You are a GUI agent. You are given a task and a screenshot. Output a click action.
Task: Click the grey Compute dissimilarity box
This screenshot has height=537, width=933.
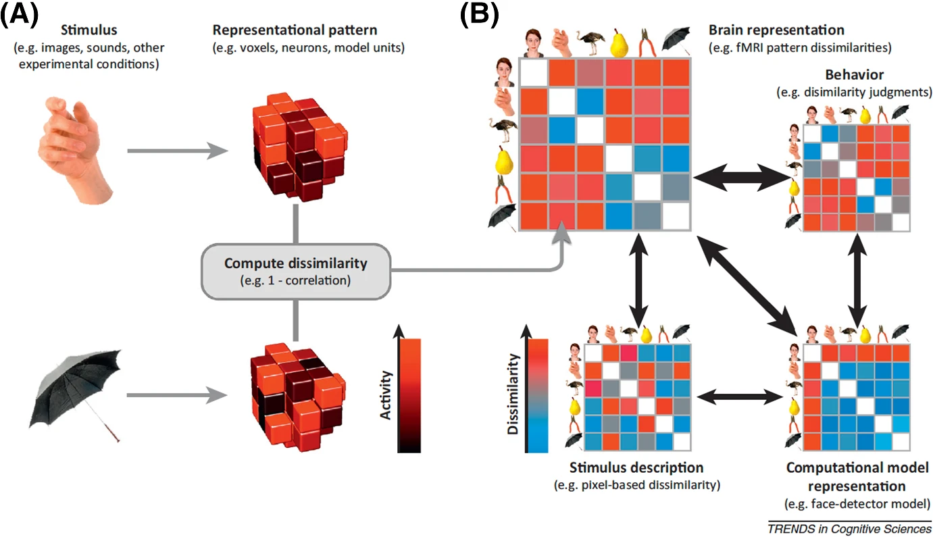coord(295,270)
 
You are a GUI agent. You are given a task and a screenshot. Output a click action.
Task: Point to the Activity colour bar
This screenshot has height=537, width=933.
coord(410,395)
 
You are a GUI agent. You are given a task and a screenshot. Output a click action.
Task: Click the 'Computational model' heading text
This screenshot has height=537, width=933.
coord(857,467)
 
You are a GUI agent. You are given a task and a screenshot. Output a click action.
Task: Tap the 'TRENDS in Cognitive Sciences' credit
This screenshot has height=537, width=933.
coord(849,529)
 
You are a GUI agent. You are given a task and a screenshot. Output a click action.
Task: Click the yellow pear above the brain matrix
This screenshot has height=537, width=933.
coord(620,43)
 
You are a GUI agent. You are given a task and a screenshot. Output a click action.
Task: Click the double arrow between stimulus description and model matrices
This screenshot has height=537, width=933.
coord(740,394)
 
